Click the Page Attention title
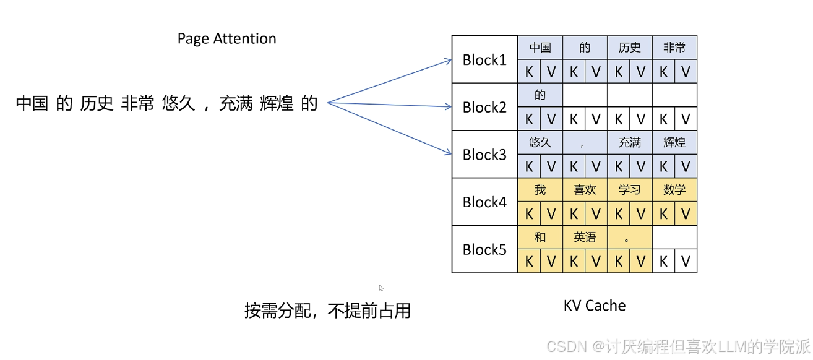click(x=226, y=38)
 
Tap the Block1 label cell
click(x=484, y=59)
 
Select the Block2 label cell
click(x=484, y=107)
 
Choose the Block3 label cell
click(x=484, y=155)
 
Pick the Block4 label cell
click(x=484, y=202)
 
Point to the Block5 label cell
click(x=484, y=249)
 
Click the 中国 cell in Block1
click(x=540, y=48)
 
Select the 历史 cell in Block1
click(x=629, y=48)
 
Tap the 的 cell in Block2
click(x=540, y=95)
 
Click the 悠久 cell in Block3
click(x=540, y=142)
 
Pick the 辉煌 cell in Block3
click(x=674, y=142)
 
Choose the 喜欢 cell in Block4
click(x=585, y=190)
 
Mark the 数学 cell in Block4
click(x=674, y=190)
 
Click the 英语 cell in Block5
click(x=585, y=237)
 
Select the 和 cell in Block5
click(x=540, y=237)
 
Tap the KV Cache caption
click(x=595, y=306)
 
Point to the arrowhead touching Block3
click(x=449, y=153)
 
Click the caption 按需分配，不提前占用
click(x=327, y=311)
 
